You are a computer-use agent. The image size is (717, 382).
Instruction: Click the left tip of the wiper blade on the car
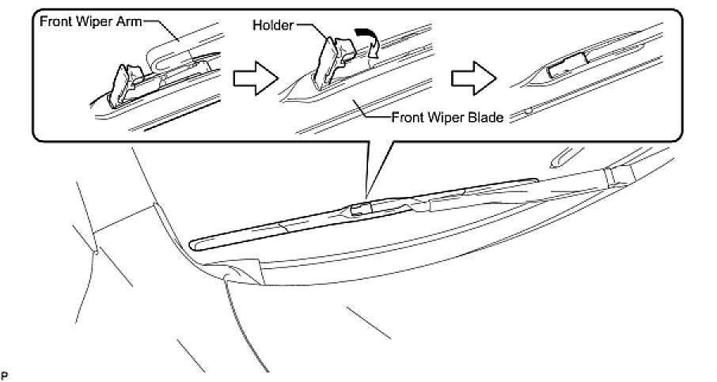199,242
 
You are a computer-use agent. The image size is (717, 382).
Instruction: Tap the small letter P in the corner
5,372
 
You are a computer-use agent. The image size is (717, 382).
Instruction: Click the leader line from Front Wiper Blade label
376,111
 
